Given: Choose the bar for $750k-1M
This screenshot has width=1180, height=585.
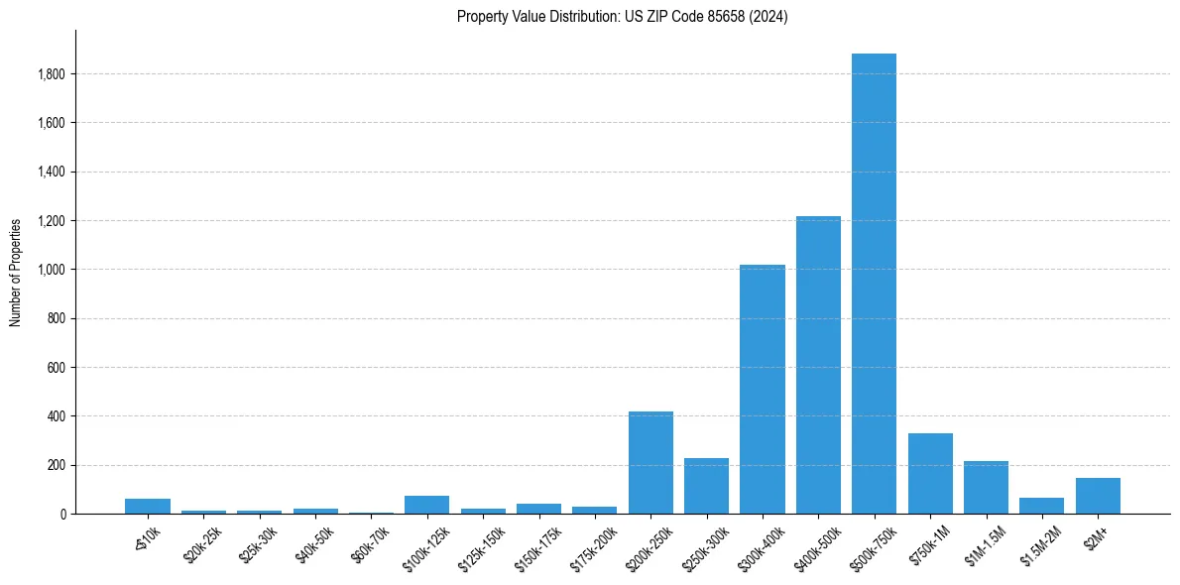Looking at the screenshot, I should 930,473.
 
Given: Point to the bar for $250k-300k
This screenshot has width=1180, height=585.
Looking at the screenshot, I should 706,486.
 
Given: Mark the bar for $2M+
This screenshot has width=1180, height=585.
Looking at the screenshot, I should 1098,496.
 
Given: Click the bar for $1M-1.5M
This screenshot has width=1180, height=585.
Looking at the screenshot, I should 986,487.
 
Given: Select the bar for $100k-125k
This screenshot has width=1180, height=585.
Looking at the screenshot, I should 426,505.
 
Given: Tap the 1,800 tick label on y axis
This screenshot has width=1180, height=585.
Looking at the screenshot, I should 52,74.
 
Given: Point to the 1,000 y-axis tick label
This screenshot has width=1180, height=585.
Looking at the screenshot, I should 52,270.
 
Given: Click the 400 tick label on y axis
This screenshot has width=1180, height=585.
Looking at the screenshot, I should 57,416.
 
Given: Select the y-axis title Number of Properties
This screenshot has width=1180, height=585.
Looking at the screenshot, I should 16,273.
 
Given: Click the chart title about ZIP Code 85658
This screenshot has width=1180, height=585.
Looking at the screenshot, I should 622,17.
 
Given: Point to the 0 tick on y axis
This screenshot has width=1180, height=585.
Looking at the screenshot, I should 62,514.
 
